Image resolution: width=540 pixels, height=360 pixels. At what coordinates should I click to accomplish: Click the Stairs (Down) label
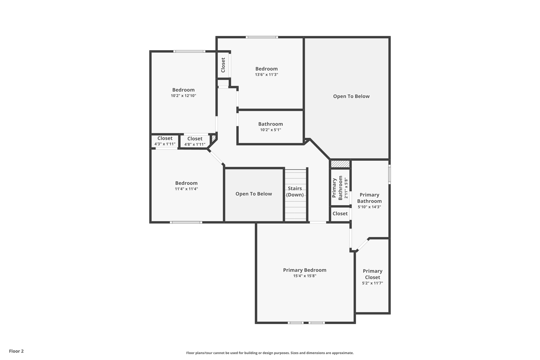coord(295,192)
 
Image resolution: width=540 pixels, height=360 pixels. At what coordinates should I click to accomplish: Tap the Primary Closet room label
coord(372,274)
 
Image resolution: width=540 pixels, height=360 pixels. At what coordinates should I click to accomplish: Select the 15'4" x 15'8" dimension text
coord(305,276)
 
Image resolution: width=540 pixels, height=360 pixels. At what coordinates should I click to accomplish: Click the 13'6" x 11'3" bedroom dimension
coord(266,75)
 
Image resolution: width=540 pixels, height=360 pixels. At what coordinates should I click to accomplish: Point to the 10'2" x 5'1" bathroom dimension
coord(271,130)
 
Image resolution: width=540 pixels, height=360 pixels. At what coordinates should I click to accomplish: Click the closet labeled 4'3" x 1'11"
coord(165,141)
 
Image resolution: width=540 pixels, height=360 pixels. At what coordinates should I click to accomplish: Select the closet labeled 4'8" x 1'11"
coord(195,142)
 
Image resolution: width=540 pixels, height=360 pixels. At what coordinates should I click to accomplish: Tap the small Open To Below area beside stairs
coord(254,194)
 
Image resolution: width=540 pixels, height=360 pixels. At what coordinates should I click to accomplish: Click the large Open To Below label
coord(351,96)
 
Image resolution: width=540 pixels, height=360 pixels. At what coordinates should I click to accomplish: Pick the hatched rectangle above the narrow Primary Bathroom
coord(340,164)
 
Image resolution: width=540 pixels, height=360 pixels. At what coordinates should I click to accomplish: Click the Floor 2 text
coord(16,351)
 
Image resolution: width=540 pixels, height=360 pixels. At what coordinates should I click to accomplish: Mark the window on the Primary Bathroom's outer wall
coord(389,174)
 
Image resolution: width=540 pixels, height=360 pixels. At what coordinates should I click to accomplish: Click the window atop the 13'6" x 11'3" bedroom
coord(262,37)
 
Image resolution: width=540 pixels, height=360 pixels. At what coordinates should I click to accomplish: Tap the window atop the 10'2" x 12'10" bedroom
coord(189,51)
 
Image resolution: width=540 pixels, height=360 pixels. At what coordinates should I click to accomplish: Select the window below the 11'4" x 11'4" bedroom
coord(186,222)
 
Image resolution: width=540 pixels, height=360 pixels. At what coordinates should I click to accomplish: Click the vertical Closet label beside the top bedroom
coord(223,65)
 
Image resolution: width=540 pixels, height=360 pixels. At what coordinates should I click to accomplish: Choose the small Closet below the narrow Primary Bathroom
coord(340,214)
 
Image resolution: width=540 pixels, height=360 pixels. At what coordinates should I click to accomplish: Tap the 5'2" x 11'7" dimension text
coord(372,283)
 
